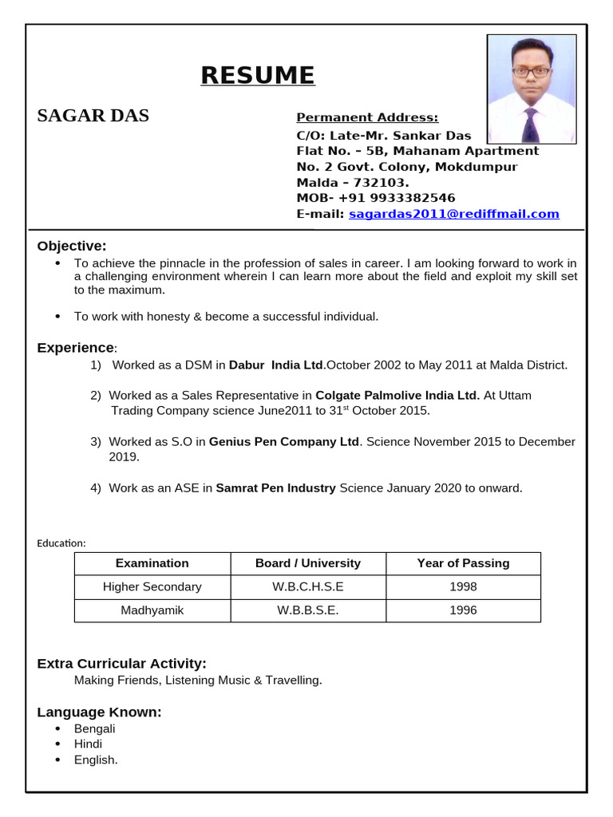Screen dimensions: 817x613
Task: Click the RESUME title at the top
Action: [x=258, y=75]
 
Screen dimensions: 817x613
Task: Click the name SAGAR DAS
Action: [x=93, y=116]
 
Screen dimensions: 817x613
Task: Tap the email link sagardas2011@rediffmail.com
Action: [x=453, y=214]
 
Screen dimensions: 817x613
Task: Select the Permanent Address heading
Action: [x=367, y=118]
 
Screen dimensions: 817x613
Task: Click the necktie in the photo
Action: [x=531, y=125]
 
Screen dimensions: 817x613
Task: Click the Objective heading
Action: [x=71, y=246]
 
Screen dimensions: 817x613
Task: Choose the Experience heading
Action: [x=76, y=348]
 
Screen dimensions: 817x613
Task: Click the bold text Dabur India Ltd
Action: [x=276, y=365]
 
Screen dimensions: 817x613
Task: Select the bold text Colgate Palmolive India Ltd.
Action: [x=398, y=395]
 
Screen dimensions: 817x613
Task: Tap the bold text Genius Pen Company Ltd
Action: [x=284, y=441]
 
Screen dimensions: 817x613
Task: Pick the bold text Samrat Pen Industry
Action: [x=275, y=487]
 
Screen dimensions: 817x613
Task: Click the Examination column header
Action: [x=152, y=563]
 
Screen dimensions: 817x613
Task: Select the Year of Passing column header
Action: [x=463, y=563]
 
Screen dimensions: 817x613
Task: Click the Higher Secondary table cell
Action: [x=152, y=586]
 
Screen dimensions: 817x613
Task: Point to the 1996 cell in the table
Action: [x=463, y=610]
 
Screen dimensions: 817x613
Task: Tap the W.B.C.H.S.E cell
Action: [x=307, y=586]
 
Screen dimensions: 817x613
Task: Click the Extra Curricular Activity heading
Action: [x=121, y=664]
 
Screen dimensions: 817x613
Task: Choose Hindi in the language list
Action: [x=88, y=744]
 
